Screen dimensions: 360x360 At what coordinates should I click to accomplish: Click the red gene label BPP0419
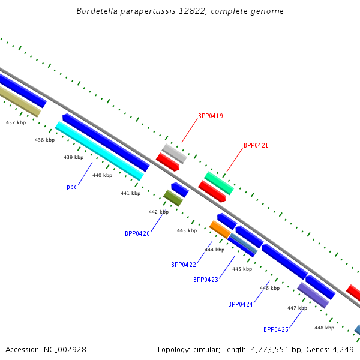click(211, 116)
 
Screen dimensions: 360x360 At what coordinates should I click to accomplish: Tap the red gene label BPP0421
click(256, 145)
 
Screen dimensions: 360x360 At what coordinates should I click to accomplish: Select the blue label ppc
click(71, 187)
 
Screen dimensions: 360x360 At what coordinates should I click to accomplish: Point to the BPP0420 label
click(137, 233)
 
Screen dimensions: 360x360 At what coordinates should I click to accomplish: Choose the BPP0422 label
click(184, 265)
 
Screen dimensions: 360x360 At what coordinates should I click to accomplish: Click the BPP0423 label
click(206, 280)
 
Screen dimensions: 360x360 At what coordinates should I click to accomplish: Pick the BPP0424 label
click(241, 304)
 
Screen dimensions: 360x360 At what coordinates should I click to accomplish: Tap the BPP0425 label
click(276, 329)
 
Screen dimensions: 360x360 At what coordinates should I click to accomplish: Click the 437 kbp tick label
click(16, 122)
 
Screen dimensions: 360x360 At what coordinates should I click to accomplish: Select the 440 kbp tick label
click(103, 175)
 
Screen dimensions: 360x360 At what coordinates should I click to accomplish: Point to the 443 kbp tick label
click(187, 230)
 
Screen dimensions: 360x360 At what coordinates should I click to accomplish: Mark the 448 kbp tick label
click(324, 328)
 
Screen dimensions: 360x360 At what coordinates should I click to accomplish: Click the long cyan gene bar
click(100, 151)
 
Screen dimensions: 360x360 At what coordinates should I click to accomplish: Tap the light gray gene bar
click(175, 154)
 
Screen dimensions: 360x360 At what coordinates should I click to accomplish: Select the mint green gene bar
click(219, 183)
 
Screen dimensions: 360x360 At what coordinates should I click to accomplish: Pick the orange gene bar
click(220, 230)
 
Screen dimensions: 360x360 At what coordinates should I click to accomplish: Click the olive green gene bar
click(173, 198)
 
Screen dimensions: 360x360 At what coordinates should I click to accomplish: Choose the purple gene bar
click(313, 295)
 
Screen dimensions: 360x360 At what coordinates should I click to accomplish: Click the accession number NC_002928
click(65, 350)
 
